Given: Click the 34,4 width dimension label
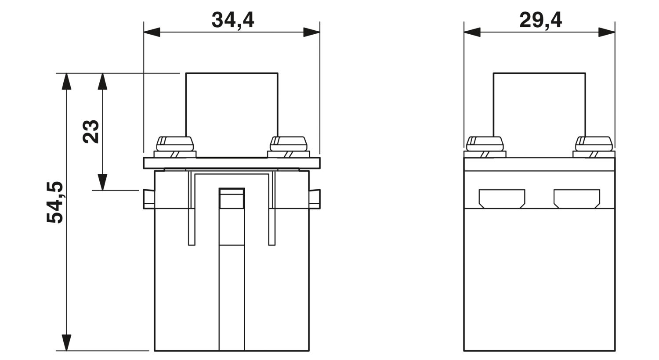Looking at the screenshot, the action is [233, 20].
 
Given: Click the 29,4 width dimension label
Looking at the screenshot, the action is [541, 20].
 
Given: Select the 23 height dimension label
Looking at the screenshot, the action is [91, 131].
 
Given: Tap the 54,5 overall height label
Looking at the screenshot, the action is [55, 202].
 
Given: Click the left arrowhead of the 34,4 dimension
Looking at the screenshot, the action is [152, 32].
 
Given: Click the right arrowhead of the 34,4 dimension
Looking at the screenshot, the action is [311, 32].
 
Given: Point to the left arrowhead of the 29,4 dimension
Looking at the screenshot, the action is [472, 32].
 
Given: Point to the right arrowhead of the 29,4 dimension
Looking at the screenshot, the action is [607, 32].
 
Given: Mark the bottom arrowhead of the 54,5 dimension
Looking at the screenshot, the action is [67, 343].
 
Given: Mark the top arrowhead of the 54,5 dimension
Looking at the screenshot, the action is [67, 81].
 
